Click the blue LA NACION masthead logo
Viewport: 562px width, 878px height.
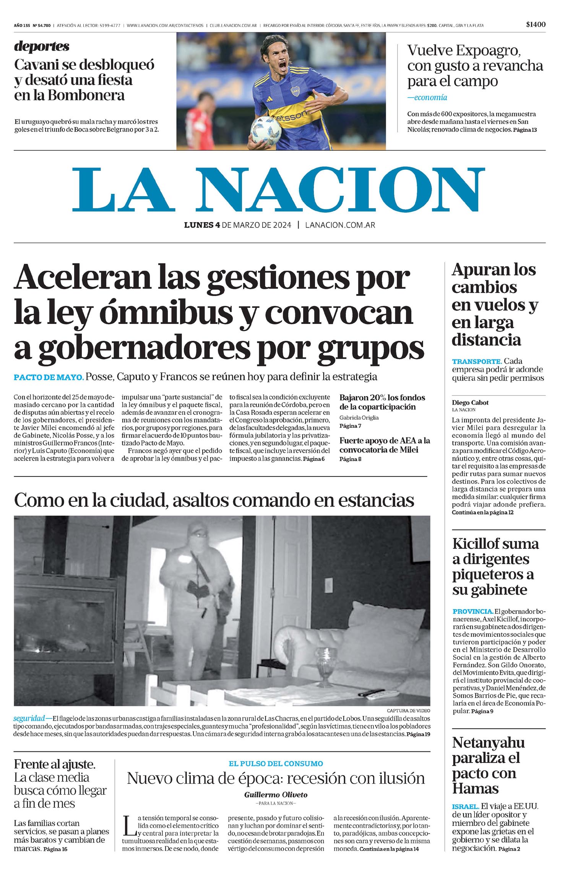click(x=278, y=190)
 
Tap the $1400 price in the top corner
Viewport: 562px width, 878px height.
click(x=536, y=24)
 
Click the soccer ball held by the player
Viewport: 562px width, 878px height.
click(x=266, y=131)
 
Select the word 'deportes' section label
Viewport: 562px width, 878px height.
click(x=42, y=46)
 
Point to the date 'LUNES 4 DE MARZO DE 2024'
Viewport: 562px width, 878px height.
click(x=237, y=225)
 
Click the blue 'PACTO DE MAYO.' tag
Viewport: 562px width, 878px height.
click(x=49, y=377)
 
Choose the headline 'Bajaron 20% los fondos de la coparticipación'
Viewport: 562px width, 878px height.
click(x=382, y=402)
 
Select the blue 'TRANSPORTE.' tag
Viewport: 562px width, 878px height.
click(x=476, y=361)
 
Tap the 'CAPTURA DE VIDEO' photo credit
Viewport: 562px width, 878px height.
click(x=408, y=710)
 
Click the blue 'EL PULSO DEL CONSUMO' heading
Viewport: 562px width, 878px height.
click(x=276, y=764)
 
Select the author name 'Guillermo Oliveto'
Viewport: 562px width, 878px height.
click(x=276, y=795)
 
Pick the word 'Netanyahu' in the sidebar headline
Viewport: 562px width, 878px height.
click(x=488, y=743)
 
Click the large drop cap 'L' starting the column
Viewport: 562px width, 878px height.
click(x=128, y=825)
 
